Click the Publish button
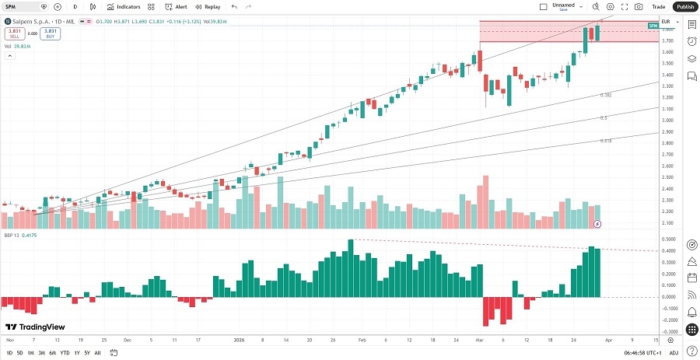coord(684,6)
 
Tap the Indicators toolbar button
coord(124,6)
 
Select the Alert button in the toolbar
coord(176,6)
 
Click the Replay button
coord(208,6)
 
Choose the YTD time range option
coord(64,353)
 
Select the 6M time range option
coord(52,353)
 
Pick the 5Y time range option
coord(86,353)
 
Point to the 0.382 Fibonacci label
coord(605,95)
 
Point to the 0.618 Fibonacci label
coord(605,141)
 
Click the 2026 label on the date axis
coord(240,341)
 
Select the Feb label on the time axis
coord(362,341)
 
